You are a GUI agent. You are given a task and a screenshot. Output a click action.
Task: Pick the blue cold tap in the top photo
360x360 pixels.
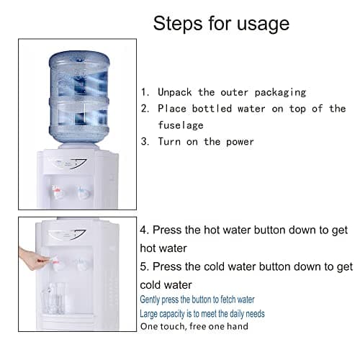pos(84,193)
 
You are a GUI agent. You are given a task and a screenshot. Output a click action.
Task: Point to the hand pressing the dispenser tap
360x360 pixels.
pos(30,258)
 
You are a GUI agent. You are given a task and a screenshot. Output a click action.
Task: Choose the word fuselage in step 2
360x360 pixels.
pos(182,125)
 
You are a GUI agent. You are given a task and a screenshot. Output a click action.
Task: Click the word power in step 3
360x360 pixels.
pos(238,142)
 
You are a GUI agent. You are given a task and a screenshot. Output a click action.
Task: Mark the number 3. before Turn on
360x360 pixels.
pos(145,142)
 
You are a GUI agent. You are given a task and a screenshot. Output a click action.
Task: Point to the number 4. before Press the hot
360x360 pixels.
pos(145,230)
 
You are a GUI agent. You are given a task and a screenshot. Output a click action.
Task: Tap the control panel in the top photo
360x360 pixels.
pos(72,163)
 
